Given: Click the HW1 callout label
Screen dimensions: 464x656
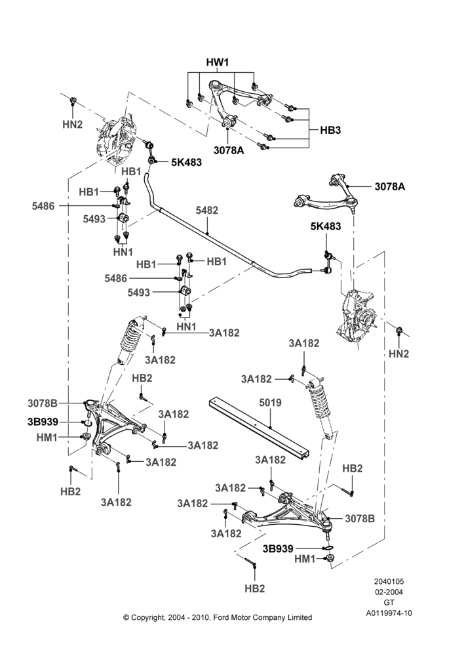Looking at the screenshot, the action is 218,62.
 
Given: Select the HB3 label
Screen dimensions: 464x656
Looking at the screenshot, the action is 330,130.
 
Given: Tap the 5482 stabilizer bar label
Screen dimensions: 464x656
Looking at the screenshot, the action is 207,210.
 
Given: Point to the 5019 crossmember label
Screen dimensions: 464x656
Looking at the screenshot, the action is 270,403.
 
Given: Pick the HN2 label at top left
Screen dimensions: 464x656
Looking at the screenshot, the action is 72,124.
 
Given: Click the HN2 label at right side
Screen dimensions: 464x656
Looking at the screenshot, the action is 398,354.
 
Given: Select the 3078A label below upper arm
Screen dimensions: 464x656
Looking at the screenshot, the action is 228,151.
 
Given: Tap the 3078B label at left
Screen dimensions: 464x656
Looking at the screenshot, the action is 43,403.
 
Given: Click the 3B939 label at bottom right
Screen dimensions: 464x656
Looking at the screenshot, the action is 278,548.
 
